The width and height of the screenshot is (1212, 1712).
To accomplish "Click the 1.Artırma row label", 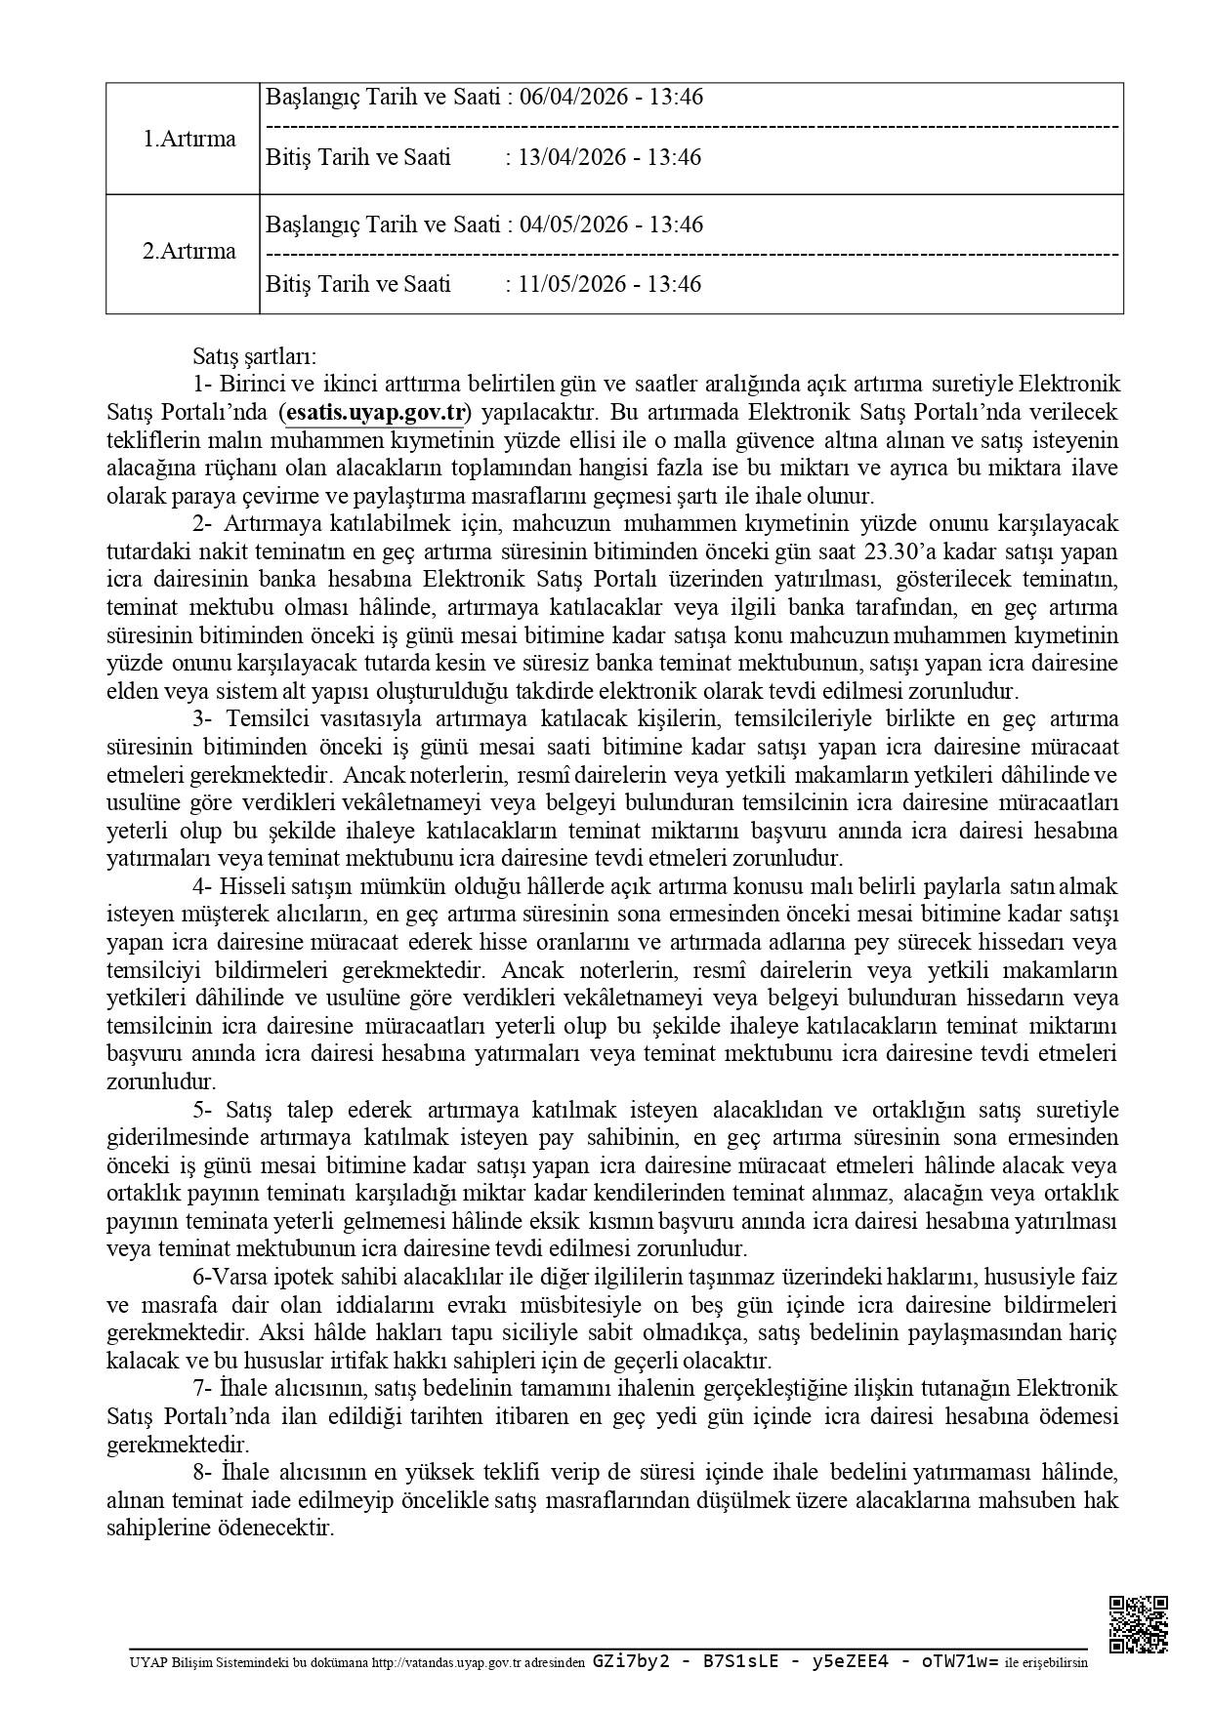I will (189, 139).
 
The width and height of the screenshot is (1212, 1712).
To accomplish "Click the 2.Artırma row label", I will (189, 251).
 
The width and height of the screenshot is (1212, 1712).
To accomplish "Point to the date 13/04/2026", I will (571, 158).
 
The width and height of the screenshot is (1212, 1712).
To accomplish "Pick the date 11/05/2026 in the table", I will (571, 285).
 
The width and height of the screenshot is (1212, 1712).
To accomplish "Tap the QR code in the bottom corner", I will (1139, 1623).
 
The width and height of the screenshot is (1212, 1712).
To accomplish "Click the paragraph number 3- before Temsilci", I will (203, 719).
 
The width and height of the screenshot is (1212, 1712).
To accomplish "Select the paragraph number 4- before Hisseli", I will (203, 887).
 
